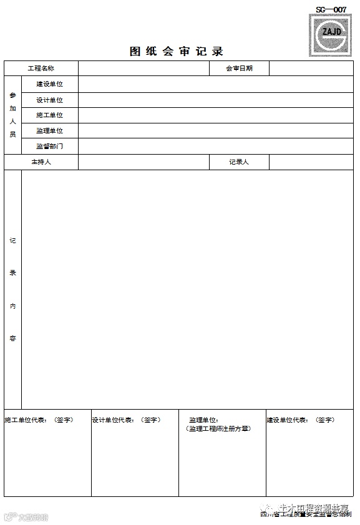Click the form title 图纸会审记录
(x=177, y=51)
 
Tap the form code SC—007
(x=331, y=9)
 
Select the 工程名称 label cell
(x=41, y=69)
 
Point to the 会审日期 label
(x=239, y=69)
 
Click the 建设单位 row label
(x=49, y=84)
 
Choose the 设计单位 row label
(x=49, y=100)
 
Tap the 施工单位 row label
(x=49, y=115)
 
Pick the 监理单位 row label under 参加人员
(x=49, y=131)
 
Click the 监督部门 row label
(x=49, y=147)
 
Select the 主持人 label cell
(x=41, y=162)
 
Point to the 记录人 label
(x=239, y=162)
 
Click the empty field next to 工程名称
(x=144, y=69)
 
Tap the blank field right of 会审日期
(x=311, y=69)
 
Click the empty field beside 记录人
(x=311, y=162)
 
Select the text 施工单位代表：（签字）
(x=39, y=420)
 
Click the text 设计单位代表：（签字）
(x=126, y=420)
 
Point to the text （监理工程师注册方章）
(x=218, y=429)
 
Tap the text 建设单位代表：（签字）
(x=301, y=420)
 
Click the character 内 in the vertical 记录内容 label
(x=12, y=306)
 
